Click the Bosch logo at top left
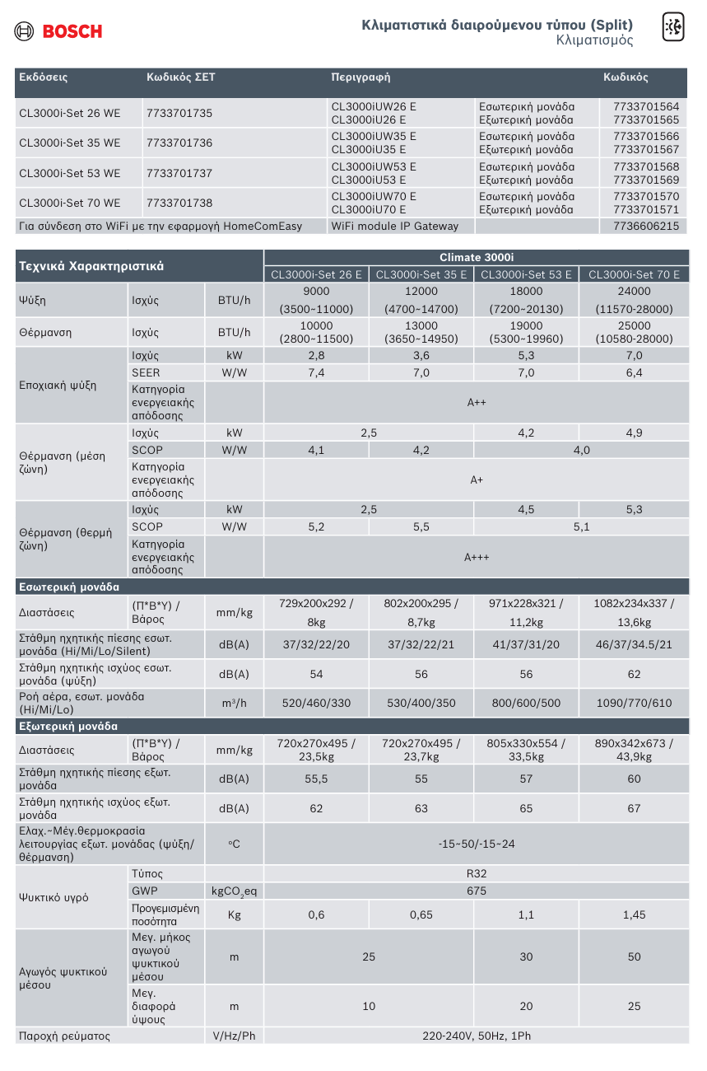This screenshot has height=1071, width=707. pos(58,31)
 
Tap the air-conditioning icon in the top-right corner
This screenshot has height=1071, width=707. pos(673,28)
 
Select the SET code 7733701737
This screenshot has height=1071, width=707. pos(179,173)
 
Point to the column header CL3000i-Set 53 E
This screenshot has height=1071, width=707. pos(526,274)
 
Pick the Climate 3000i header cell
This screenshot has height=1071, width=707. pos(477,257)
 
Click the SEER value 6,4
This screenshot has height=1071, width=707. pos(634,373)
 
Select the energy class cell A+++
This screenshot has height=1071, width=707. pos(477,557)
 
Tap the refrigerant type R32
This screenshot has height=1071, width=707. pos(477,873)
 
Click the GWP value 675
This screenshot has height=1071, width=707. pos(477,891)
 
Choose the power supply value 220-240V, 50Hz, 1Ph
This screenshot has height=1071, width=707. pos(477,1036)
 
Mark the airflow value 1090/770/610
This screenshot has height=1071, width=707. pos(634,703)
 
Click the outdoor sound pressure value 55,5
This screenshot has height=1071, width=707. pos(316,779)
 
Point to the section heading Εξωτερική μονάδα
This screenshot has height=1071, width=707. pos(68,727)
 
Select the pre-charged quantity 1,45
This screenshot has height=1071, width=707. pos(634,914)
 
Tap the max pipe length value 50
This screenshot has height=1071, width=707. pos(634,956)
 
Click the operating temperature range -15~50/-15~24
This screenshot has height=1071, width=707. pos(477,844)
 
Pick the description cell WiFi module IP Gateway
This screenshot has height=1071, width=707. pos(395,226)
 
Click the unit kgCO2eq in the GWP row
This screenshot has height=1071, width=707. pos(234,891)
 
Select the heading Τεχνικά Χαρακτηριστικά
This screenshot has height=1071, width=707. pos(91,266)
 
